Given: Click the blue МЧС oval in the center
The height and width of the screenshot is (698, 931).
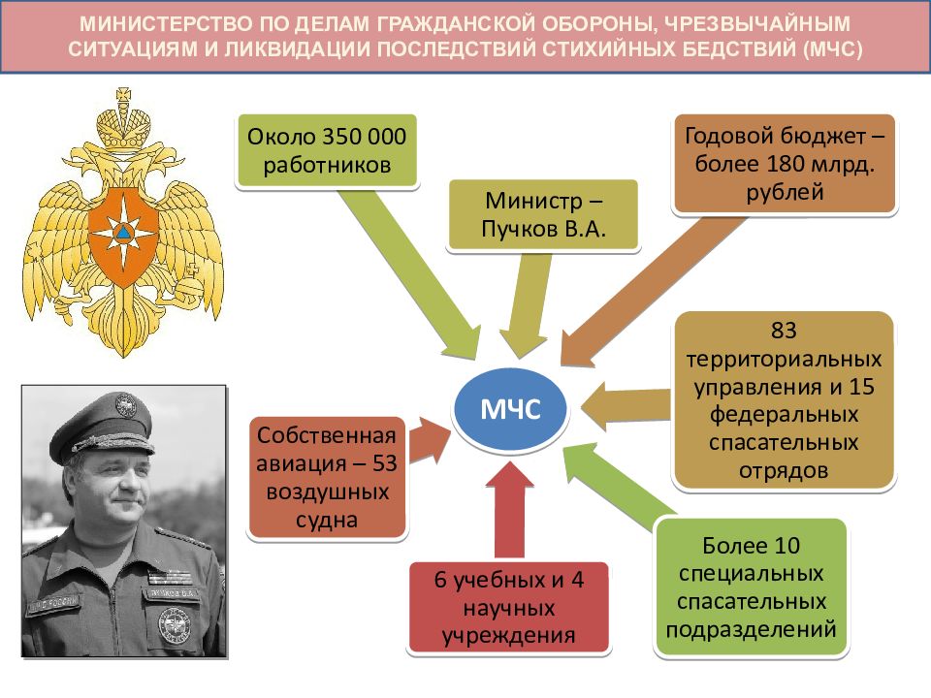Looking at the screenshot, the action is click(511, 408).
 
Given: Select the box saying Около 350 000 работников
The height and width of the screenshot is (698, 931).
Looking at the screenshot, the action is click(327, 151).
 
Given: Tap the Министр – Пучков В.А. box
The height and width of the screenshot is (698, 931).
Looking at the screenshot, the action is click(543, 215).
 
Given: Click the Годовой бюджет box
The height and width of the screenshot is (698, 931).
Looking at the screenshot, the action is click(785, 164).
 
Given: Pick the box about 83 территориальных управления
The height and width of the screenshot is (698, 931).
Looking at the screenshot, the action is click(784, 400).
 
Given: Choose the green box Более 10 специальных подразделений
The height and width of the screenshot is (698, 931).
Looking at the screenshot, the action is click(751, 587).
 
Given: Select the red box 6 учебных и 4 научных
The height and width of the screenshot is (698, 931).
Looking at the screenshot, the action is click(509, 607).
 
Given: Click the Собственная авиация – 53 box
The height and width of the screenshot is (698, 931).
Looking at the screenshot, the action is click(327, 477).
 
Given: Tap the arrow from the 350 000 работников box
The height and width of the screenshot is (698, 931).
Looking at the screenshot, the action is click(409, 273).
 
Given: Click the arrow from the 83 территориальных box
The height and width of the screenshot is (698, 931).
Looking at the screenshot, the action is click(626, 406).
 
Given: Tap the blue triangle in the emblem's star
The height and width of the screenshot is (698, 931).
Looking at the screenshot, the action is click(123, 234).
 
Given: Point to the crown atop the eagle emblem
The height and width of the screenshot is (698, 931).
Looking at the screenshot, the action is click(123, 122).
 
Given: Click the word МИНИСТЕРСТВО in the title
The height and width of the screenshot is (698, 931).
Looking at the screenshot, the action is click(166, 23).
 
